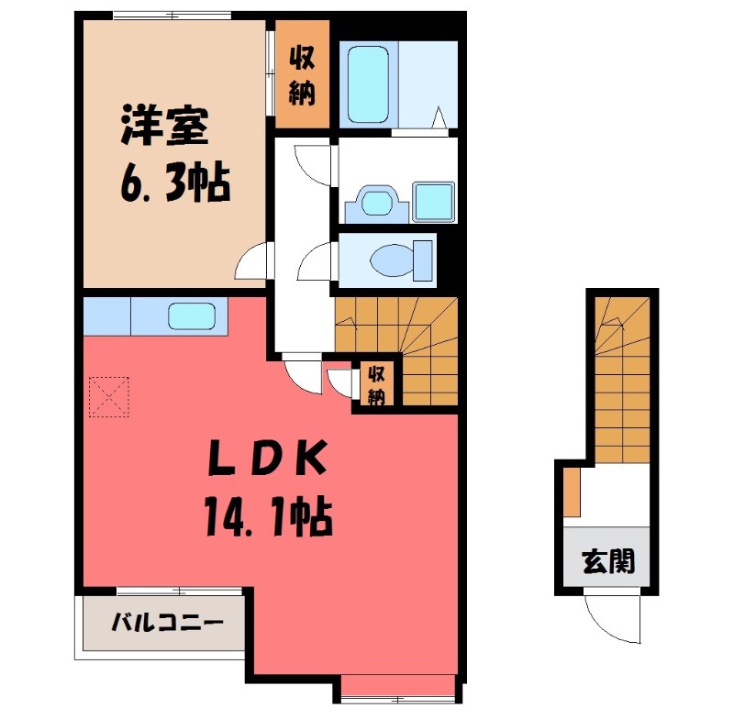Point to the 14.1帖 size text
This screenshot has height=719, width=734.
pos(263,520)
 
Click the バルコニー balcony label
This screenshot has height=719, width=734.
pos(166,624)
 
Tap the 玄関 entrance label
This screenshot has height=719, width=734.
pos(608,560)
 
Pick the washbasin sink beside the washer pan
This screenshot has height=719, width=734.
pos(376,202)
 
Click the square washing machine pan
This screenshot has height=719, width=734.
pos(433,201)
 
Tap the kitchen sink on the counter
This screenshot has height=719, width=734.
pos(192,316)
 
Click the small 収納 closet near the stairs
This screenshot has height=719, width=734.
pos(376,382)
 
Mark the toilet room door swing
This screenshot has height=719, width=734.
pos(316,263)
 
